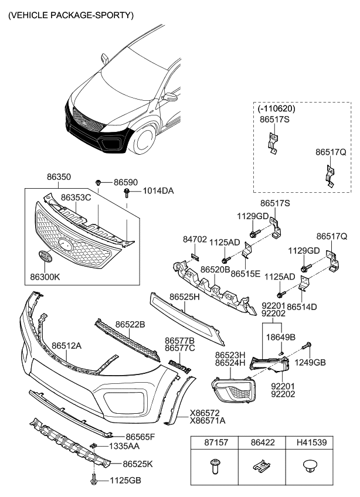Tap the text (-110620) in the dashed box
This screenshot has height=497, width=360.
(276, 108)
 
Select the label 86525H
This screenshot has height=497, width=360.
(185, 297)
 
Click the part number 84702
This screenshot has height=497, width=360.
(195, 240)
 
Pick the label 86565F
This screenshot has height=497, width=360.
(140, 437)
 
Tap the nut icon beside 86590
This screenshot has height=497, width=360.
(100, 183)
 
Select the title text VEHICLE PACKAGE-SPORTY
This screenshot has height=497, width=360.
(70, 14)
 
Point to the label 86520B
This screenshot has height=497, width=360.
(215, 270)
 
